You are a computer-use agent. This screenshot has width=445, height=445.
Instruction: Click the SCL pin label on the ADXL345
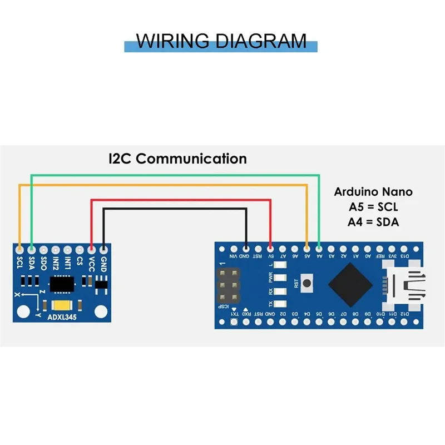point(20,262)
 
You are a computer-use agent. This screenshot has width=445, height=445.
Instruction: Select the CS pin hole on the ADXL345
point(80,250)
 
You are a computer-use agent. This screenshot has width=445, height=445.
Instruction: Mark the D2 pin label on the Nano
point(283,315)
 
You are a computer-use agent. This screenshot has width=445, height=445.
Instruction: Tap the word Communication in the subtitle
point(191,159)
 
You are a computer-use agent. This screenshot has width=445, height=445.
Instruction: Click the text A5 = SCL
point(373,207)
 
